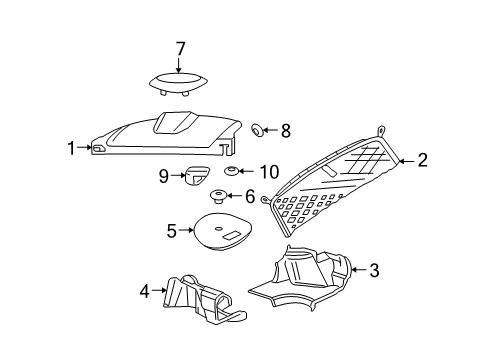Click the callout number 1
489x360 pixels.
[x=71, y=148]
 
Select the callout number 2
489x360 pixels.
[x=422, y=159]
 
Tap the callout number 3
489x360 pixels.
[x=374, y=269]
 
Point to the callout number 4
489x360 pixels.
[x=144, y=291]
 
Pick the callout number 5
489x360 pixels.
[x=172, y=231]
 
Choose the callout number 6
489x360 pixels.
[x=250, y=196]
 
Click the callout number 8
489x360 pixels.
[x=285, y=129]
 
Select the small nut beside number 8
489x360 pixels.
[x=256, y=129]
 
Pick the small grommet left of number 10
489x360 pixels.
[x=232, y=172]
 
